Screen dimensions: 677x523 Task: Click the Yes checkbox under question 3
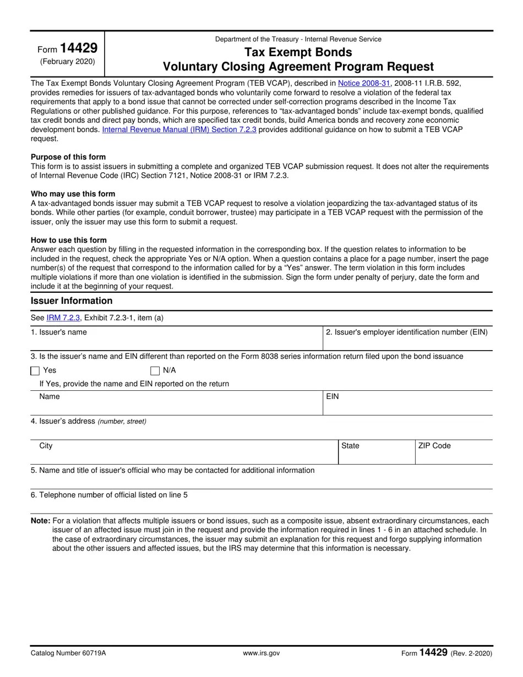point(35,371)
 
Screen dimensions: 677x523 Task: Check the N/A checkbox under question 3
point(155,371)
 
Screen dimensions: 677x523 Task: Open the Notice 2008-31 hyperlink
point(364,84)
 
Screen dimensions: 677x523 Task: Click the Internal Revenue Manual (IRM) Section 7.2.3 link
point(179,130)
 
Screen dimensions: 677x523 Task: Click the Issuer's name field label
point(59,332)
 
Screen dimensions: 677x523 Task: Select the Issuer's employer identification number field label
point(406,332)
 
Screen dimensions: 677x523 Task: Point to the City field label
point(46,446)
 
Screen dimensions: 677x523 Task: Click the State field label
point(350,446)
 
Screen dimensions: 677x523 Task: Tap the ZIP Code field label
point(434,446)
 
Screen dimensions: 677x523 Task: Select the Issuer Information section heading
point(72,301)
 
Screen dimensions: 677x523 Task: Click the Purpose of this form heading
point(68,157)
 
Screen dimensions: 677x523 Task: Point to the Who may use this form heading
point(73,194)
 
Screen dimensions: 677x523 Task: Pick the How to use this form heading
point(69,240)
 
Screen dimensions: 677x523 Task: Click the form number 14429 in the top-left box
point(79,48)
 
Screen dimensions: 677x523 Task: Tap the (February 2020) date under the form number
point(67,62)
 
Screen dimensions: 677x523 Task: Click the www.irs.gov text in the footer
point(261,653)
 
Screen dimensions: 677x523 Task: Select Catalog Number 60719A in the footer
point(68,653)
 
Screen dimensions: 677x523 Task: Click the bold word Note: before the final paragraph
point(41,521)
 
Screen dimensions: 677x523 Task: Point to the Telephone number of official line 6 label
point(109,495)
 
